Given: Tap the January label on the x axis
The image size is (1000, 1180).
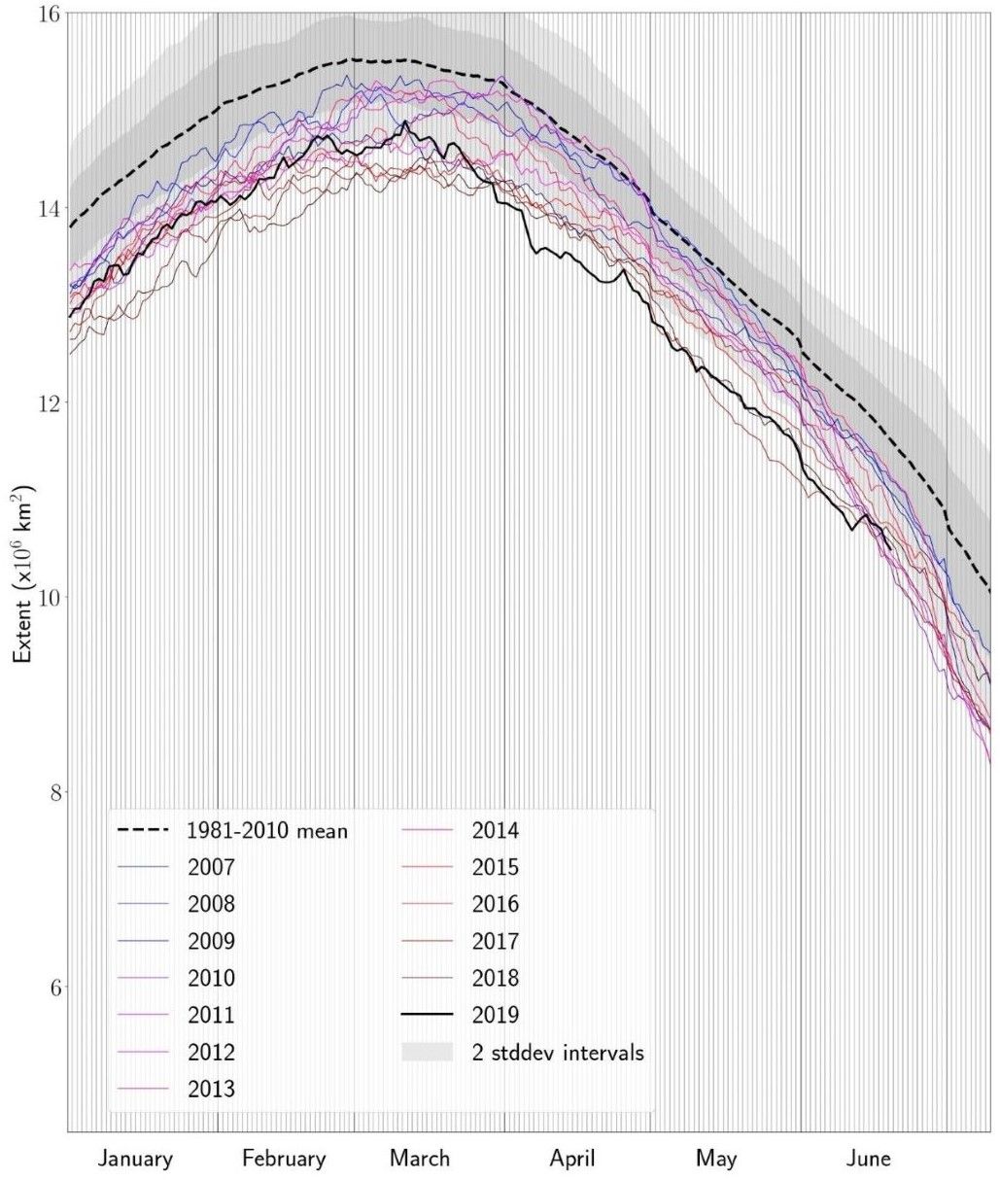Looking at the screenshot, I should click(x=136, y=1159).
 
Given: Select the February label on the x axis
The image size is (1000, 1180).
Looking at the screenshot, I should click(x=284, y=1159).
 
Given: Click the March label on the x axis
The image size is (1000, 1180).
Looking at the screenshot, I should click(x=420, y=1159).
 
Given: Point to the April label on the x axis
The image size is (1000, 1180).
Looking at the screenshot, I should click(x=571, y=1159).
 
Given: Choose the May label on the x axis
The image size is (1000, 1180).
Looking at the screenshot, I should click(x=716, y=1159).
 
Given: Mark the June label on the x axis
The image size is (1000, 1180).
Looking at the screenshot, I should click(x=867, y=1159).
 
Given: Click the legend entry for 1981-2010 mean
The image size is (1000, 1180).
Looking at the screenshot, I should click(x=266, y=831).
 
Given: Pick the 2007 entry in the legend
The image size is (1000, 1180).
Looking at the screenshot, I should click(x=211, y=868).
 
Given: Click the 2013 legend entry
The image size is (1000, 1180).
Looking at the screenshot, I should click(x=211, y=1089).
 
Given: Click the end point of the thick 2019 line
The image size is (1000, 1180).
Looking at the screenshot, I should click(x=889, y=549).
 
